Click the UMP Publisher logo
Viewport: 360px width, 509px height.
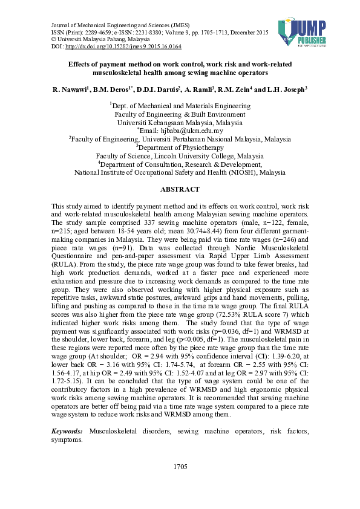pyautogui.click(x=303, y=32)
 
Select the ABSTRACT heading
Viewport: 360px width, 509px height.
pyautogui.click(x=180, y=189)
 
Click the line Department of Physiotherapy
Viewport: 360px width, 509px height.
pyautogui.click(x=180, y=146)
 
